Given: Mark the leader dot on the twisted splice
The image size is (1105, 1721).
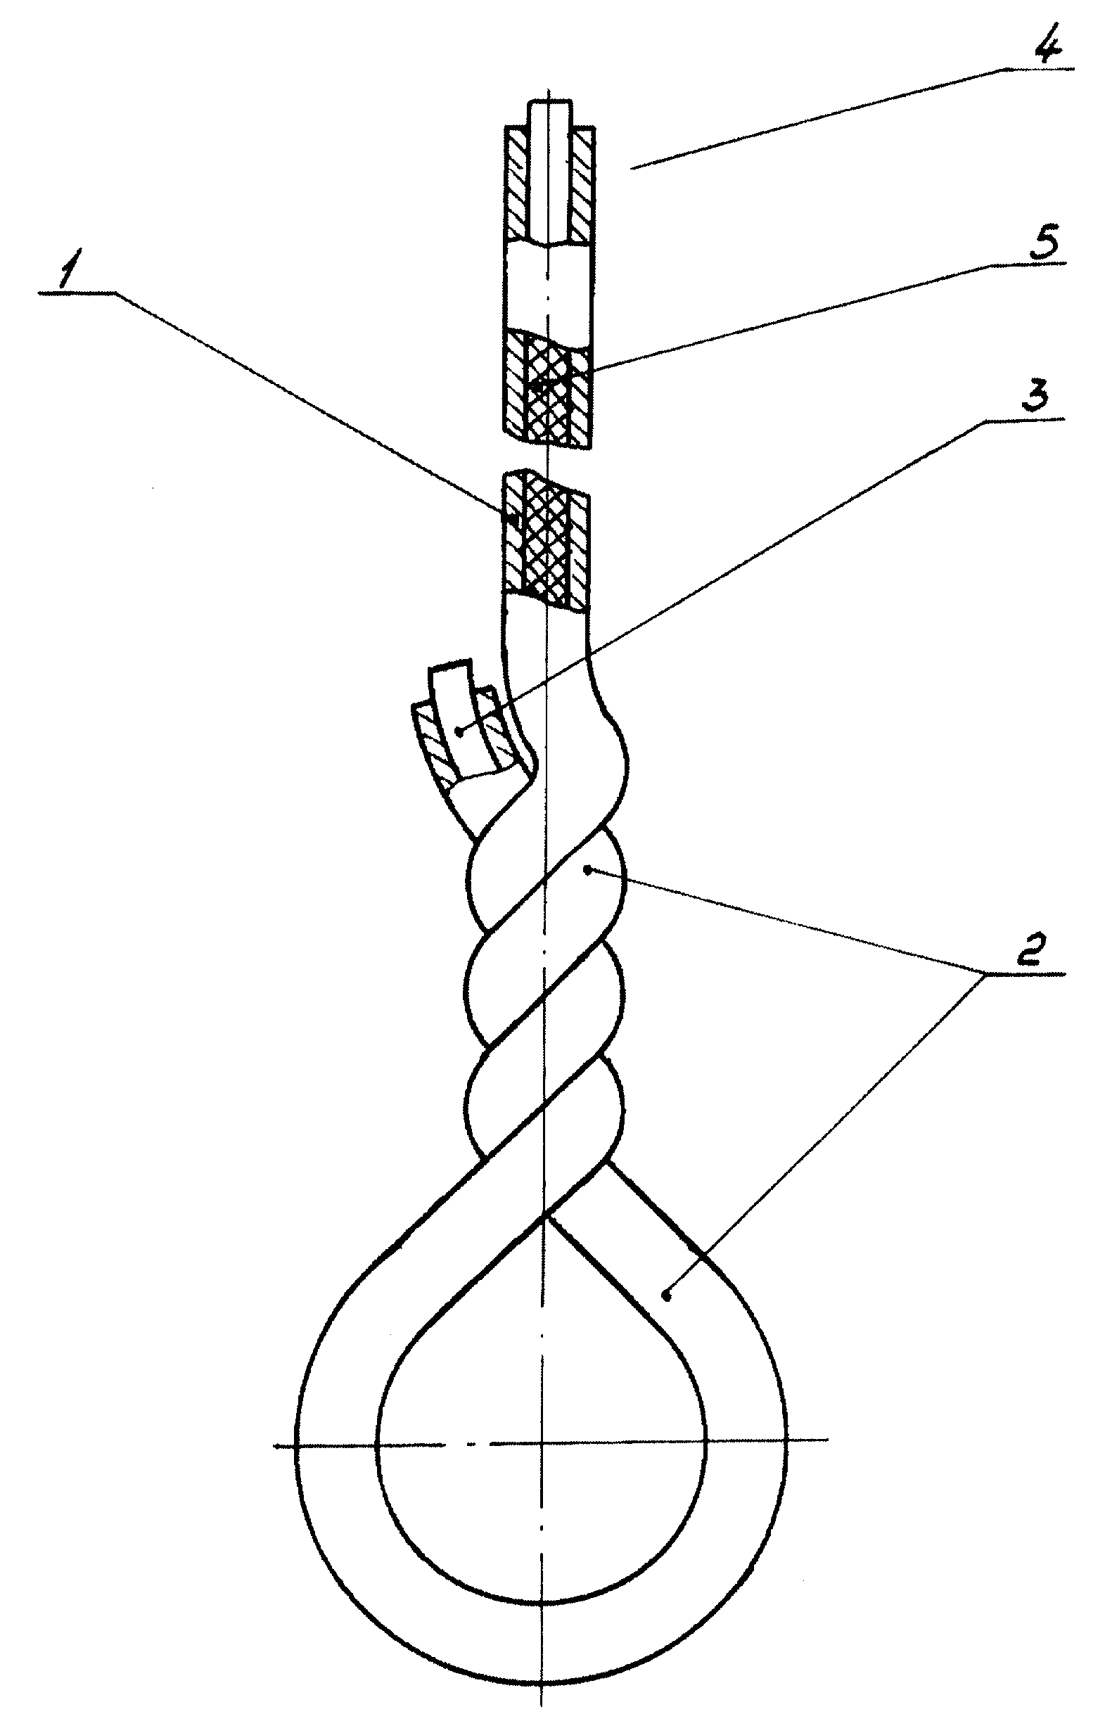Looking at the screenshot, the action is point(589,870).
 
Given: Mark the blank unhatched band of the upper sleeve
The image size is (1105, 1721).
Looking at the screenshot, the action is point(549,286).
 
